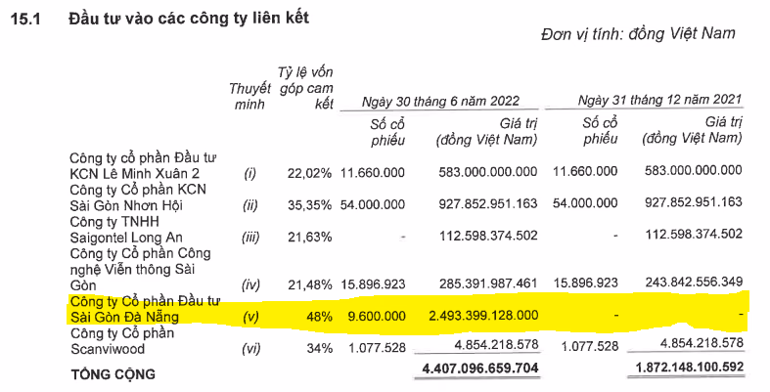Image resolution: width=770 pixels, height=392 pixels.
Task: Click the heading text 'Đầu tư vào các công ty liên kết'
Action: click(189, 17)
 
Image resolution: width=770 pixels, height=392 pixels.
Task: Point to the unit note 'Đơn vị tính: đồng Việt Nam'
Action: click(637, 34)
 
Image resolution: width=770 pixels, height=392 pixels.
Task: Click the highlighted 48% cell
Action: click(320, 316)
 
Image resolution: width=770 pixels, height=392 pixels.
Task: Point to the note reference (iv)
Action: click(249, 284)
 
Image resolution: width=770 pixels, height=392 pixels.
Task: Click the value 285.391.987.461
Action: click(476, 284)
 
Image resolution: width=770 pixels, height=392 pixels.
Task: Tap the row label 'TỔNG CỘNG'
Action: click(112, 372)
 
